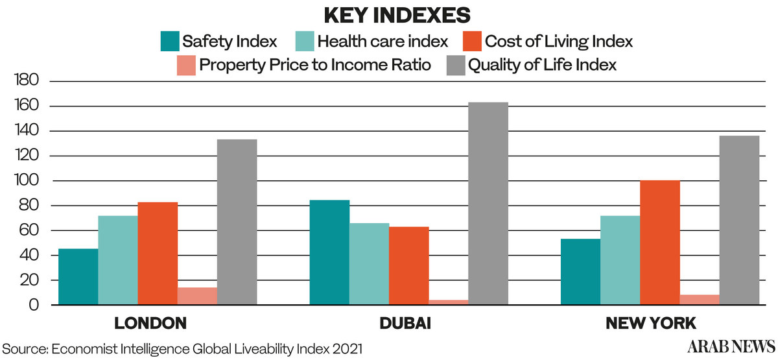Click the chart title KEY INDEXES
388,14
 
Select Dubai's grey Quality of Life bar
488,204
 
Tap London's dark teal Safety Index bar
78,277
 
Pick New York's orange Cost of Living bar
660,243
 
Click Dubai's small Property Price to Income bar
449,302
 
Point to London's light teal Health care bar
118,260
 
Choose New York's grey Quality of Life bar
740,220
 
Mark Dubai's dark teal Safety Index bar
329,252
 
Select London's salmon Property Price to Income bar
197,296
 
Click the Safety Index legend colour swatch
169,42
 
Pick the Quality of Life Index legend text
542,65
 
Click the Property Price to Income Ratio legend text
315,65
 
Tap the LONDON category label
150,323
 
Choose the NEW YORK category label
650,323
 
